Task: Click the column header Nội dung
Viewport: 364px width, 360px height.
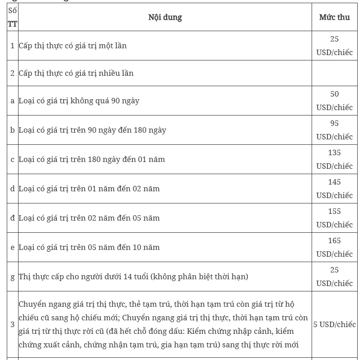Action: (x=165, y=18)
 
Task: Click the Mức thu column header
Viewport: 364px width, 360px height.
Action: (x=334, y=18)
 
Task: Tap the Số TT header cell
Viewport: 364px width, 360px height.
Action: (x=12, y=18)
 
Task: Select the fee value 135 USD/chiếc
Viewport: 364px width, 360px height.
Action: (x=334, y=159)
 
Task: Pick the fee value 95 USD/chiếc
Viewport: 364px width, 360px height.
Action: (x=334, y=130)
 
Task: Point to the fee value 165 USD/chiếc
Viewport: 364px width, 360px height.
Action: (x=334, y=247)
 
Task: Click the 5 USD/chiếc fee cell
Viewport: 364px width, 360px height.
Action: (x=334, y=324)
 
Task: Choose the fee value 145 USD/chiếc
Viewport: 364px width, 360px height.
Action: (x=334, y=189)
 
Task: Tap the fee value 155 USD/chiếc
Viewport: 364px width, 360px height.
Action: (x=334, y=218)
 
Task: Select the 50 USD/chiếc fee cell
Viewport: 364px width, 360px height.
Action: (x=334, y=101)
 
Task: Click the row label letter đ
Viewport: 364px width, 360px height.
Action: (x=12, y=218)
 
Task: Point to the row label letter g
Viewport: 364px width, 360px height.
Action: (x=12, y=277)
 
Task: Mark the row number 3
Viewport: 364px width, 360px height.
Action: (x=12, y=324)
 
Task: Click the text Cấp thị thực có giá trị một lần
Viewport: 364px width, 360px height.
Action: (x=73, y=46)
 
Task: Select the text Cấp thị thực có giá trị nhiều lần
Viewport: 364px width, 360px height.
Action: (x=76, y=73)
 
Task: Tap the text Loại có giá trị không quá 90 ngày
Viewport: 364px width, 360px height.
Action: (x=79, y=101)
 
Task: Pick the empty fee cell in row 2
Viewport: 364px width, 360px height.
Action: (x=334, y=73)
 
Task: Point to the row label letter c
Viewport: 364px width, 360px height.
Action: (x=12, y=159)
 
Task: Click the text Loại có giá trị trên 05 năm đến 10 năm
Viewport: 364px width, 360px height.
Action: (x=89, y=247)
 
